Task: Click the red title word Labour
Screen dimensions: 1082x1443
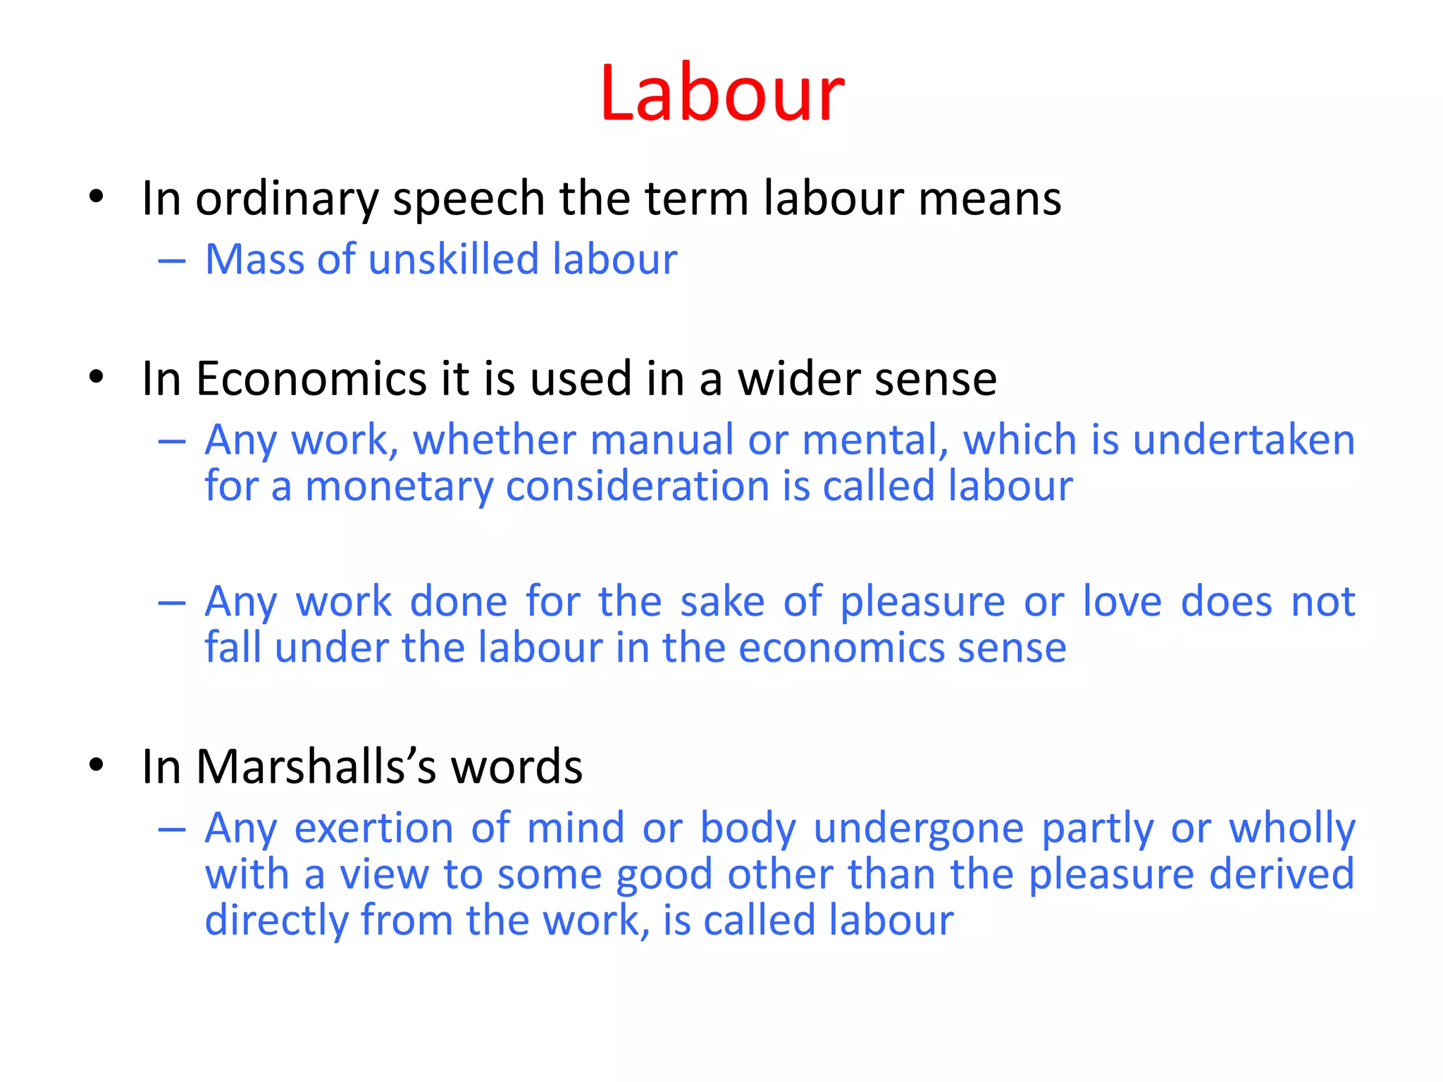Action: (721, 94)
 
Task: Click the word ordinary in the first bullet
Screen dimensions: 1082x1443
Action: (287, 199)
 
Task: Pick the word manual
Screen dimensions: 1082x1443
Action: (662, 440)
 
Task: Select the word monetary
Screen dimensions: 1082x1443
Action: (399, 487)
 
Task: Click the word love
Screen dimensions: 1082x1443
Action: (1122, 602)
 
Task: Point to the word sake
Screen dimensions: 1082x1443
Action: (722, 602)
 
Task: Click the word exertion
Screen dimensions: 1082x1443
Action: (373, 828)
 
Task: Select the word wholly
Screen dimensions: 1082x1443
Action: (1292, 828)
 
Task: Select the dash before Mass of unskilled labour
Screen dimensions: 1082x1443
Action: (172, 261)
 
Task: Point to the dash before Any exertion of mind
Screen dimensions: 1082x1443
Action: (172, 830)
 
